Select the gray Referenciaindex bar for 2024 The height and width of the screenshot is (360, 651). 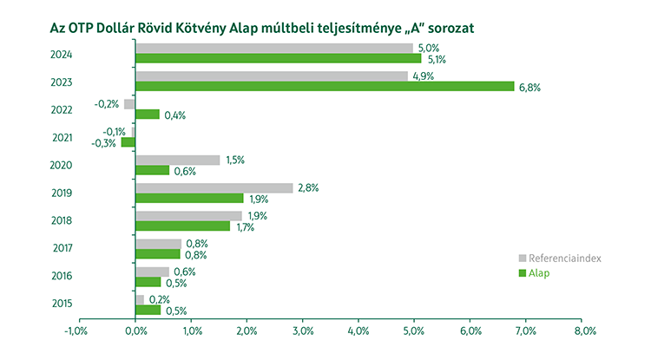[x=273, y=49]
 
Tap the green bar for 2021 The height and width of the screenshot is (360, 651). [x=128, y=142]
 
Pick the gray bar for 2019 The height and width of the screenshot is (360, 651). [x=214, y=188]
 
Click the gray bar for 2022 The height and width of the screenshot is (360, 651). [x=129, y=104]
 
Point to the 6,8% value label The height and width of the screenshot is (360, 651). [x=529, y=87]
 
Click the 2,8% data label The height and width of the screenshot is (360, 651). [x=307, y=188]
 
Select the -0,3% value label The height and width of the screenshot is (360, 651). [x=104, y=143]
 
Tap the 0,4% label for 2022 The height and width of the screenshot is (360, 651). [x=175, y=115]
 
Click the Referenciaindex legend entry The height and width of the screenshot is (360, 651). [x=560, y=259]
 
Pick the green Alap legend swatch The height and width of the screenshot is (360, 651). [x=523, y=273]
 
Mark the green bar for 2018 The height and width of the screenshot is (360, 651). [x=183, y=226]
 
